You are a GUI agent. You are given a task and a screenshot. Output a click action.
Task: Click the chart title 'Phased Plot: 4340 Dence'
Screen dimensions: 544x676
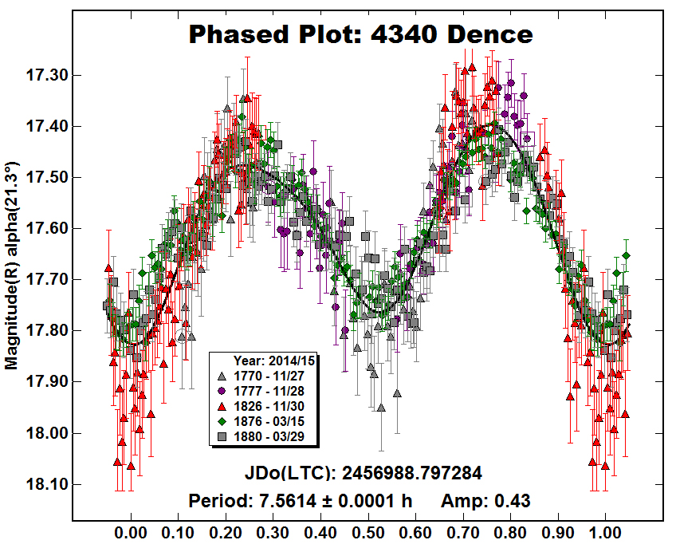pos(360,35)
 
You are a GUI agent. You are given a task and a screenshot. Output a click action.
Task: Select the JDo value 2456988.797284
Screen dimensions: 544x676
pos(412,473)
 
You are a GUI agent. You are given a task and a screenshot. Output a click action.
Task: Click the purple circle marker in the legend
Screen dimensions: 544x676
pos(223,390)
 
